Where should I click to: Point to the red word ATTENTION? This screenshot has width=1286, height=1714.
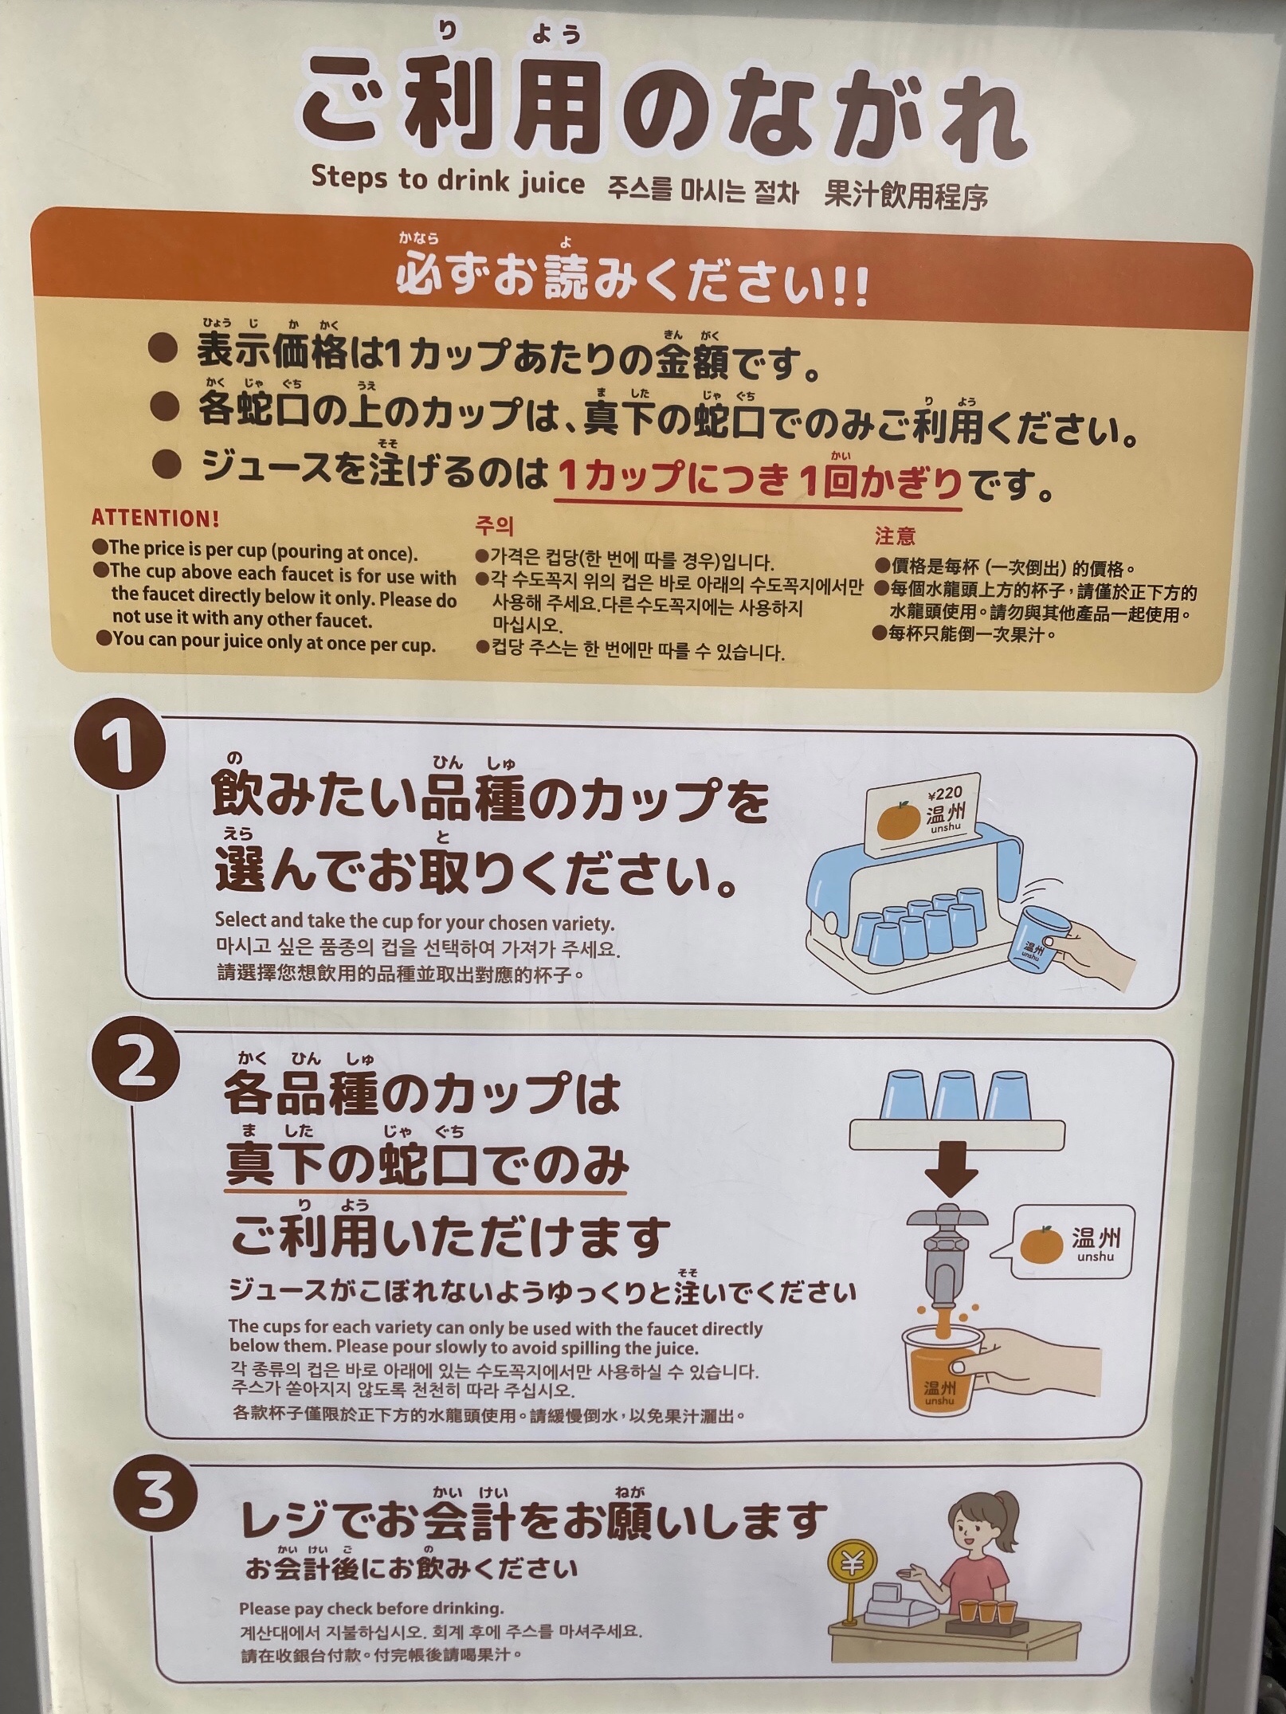coord(155,519)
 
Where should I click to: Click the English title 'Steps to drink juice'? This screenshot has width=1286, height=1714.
coord(448,179)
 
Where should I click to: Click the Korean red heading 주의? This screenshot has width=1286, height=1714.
coord(494,527)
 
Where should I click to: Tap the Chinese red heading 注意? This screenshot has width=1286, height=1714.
coord(896,536)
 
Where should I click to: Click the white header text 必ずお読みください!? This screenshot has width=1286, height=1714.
coord(633,282)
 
